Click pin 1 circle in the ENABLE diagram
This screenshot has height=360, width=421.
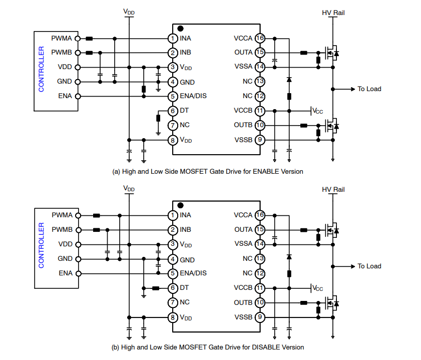172,38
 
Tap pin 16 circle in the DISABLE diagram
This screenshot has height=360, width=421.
260,215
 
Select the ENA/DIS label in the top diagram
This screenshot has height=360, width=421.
193,96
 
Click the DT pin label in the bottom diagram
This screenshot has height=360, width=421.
184,288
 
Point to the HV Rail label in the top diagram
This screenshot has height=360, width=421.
333,12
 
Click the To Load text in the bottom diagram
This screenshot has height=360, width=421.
369,266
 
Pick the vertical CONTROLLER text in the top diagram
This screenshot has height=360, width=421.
42,70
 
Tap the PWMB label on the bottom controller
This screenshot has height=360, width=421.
62,230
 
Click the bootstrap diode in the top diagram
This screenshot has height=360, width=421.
289,80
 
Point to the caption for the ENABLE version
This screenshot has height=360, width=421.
208,171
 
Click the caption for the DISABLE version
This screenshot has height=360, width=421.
208,347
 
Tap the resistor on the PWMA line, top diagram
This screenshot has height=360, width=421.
89,38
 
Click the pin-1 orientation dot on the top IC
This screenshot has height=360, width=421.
180,29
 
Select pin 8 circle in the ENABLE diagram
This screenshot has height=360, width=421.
172,140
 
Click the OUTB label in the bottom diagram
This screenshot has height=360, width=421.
243,302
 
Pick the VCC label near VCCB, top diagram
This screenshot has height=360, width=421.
317,111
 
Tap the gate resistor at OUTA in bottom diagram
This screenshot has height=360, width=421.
303,230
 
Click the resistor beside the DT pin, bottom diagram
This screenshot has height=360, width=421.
156,288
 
